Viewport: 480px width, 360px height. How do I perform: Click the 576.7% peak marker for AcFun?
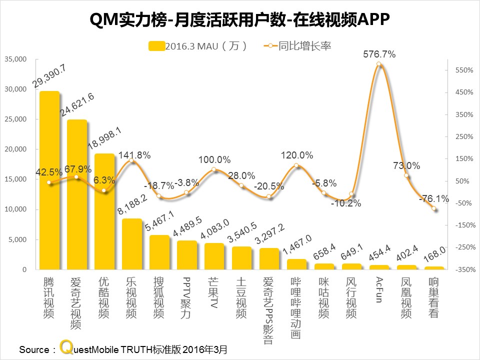click(x=379, y=64)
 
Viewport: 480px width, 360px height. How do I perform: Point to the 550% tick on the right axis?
click(x=464, y=70)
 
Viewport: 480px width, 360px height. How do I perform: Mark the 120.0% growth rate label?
click(x=297, y=155)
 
